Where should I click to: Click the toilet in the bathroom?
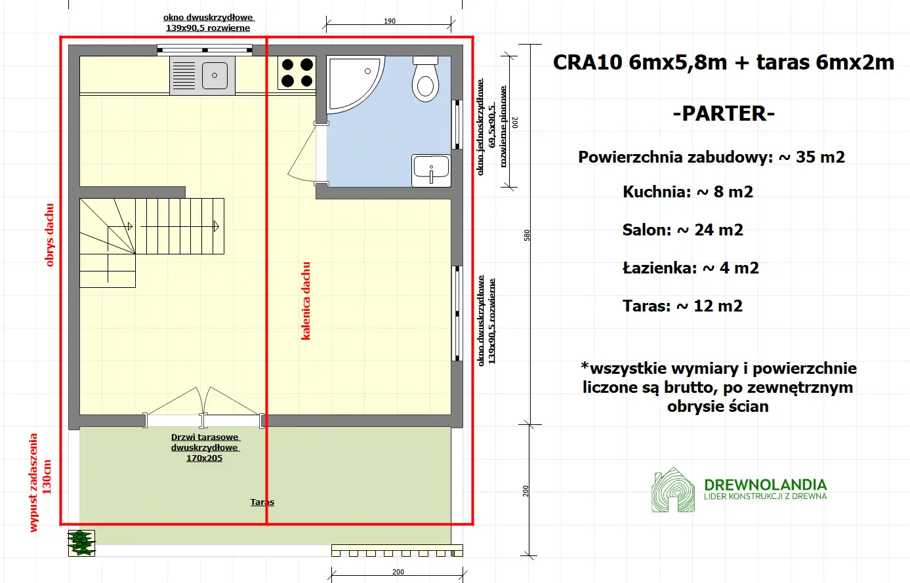[x=425, y=80]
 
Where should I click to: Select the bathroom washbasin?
[x=431, y=170]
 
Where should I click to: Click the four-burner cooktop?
[x=297, y=73]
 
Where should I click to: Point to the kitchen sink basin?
[x=215, y=76]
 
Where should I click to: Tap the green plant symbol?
[x=81, y=543]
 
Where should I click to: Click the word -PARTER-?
[x=724, y=113]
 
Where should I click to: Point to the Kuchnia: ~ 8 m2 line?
[x=688, y=192]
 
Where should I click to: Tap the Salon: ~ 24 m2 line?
[x=682, y=230]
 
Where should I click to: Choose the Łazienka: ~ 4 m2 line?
[x=690, y=268]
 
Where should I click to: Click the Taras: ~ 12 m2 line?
[x=682, y=306]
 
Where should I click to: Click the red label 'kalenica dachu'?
[x=306, y=301]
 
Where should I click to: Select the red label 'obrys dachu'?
[x=50, y=235]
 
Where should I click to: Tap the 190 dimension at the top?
[x=390, y=21]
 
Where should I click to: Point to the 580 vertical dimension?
[x=527, y=235]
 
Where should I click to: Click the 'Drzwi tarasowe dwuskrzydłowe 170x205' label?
[x=205, y=448]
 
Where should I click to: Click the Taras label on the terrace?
[x=262, y=502]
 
